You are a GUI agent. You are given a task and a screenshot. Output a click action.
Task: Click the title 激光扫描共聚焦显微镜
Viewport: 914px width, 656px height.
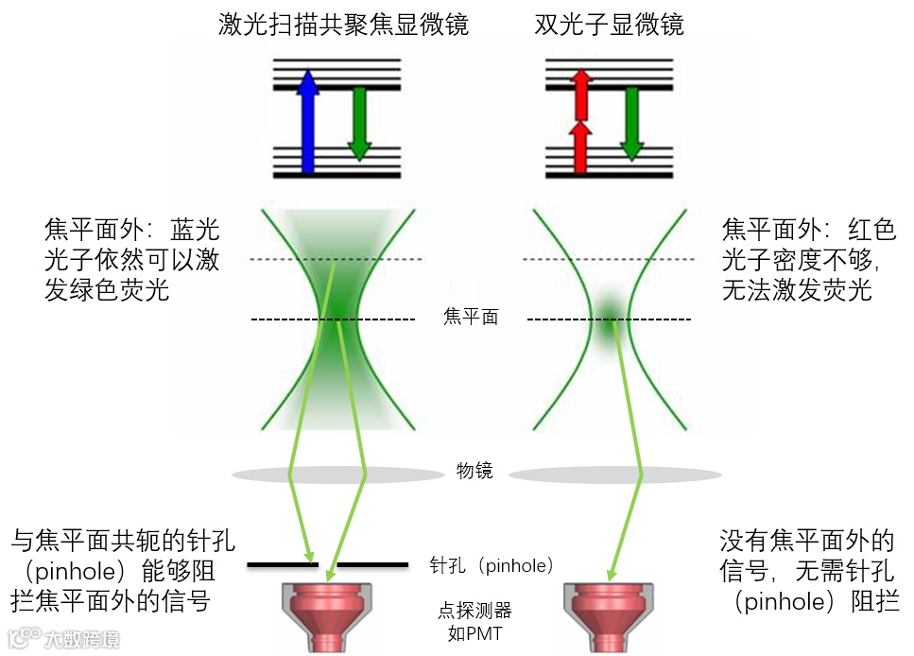pyautogui.click(x=343, y=25)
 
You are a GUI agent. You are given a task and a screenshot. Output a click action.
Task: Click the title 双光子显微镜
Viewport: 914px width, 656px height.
pyautogui.click(x=610, y=25)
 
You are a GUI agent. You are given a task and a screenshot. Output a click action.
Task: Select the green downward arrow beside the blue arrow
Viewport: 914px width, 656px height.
pyautogui.click(x=358, y=123)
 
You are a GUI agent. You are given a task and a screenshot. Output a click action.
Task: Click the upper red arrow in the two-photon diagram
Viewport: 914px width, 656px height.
pyautogui.click(x=581, y=93)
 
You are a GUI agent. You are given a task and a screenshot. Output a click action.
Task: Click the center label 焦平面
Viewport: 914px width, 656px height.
pyautogui.click(x=470, y=318)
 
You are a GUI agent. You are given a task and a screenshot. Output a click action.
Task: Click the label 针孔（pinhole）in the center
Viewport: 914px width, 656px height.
pyautogui.click(x=490, y=566)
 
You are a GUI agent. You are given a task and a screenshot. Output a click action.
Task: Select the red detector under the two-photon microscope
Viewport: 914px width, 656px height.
pyautogui.click(x=610, y=614)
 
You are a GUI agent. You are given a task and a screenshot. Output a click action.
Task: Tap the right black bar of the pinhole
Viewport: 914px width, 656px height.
pyautogui.click(x=372, y=565)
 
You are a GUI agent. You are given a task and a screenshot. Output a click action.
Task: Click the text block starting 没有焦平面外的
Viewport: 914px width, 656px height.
pyautogui.click(x=807, y=571)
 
